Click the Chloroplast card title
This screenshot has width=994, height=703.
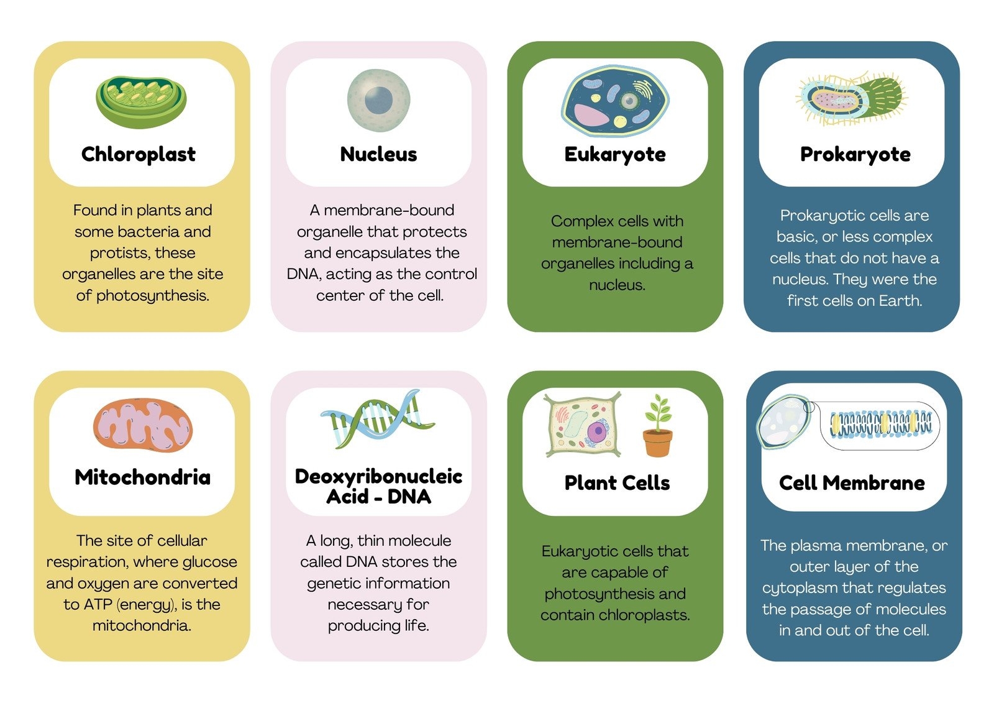click(x=139, y=154)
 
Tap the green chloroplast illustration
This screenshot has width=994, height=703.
click(x=141, y=102)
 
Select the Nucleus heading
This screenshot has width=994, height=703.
click(x=378, y=154)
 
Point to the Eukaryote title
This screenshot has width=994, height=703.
click(x=615, y=155)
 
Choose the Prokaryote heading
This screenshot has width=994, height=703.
click(x=855, y=155)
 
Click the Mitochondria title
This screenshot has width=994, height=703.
click(x=142, y=477)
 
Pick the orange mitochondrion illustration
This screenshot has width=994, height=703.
click(x=142, y=425)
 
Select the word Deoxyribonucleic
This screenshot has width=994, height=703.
click(x=378, y=477)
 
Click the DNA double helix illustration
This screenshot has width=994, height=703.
click(x=377, y=419)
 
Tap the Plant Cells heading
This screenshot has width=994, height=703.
click(x=618, y=483)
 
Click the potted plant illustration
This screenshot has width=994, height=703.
click(x=658, y=426)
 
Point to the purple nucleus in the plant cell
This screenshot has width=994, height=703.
click(x=597, y=431)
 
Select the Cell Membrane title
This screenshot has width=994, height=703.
click(x=852, y=483)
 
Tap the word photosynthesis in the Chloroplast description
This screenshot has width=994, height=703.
click(x=153, y=296)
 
